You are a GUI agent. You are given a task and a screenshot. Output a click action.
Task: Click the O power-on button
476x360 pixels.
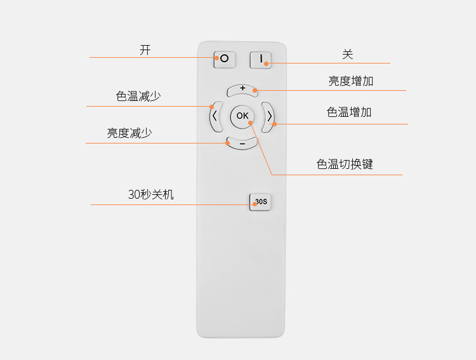click(224, 60)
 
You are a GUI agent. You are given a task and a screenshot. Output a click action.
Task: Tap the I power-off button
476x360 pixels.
click(261, 60)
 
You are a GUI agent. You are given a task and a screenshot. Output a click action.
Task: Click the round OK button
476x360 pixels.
click(242, 116)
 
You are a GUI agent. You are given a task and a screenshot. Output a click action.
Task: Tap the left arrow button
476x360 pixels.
click(215, 116)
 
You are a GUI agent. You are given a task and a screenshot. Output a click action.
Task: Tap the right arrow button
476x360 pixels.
click(269, 116)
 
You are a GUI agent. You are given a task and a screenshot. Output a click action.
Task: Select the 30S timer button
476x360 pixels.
click(261, 202)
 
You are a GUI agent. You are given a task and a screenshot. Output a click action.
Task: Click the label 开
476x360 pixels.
click(145, 50)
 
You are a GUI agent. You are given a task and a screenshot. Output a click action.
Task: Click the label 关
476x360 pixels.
click(347, 55)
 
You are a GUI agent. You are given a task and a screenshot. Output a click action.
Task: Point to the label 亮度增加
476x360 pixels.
click(351, 81)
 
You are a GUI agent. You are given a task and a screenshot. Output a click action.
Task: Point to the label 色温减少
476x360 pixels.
click(138, 97)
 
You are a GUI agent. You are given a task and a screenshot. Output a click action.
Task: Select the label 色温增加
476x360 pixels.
click(349, 112)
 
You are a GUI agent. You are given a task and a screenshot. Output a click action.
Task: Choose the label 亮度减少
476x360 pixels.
click(129, 133)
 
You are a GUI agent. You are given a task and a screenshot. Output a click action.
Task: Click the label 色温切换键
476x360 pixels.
click(345, 164)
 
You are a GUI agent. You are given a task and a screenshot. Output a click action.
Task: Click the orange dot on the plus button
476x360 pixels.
click(256, 90)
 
